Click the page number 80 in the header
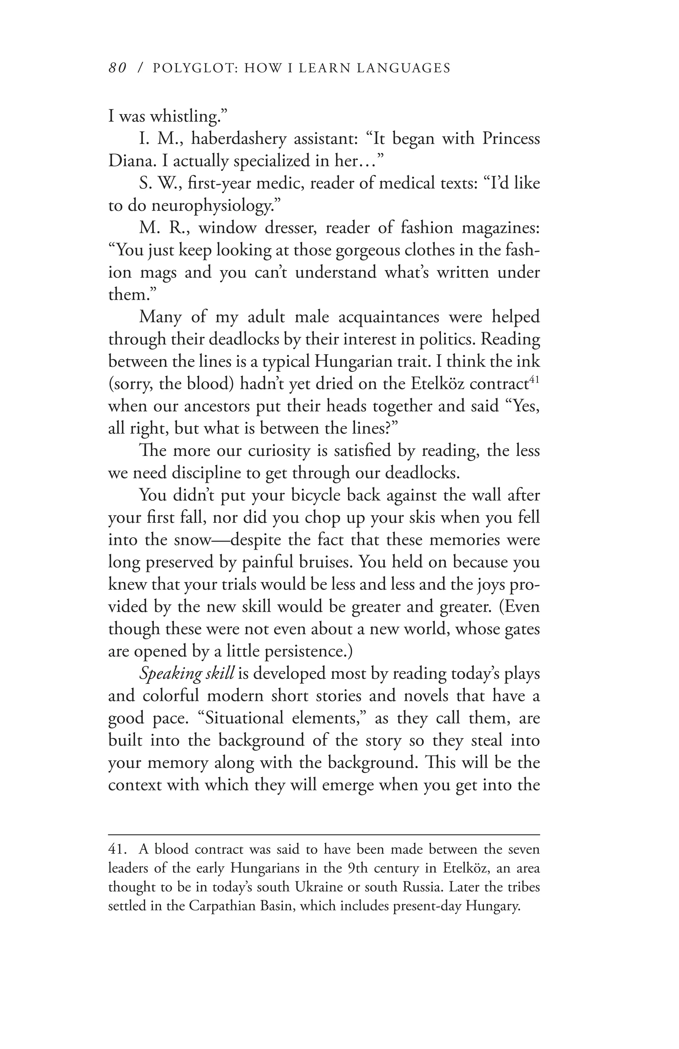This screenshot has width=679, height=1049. coord(117,68)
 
